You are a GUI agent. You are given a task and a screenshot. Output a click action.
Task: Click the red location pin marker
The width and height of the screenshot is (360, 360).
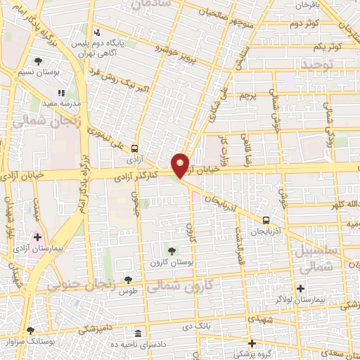(x=181, y=165)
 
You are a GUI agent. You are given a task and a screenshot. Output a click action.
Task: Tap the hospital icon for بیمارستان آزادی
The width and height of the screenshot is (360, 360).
(x=37, y=238)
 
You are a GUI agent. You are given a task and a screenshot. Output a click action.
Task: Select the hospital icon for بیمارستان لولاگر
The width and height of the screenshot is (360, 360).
(x=301, y=288)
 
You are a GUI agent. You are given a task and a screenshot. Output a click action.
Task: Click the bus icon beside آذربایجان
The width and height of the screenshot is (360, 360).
(x=266, y=219)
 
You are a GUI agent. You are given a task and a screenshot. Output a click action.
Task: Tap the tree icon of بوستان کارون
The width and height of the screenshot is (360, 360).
(x=172, y=250)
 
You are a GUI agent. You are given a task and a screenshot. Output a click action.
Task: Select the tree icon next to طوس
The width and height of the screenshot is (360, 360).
(x=127, y=280)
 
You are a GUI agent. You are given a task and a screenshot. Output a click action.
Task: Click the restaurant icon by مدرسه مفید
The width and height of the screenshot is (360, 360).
(x=62, y=92)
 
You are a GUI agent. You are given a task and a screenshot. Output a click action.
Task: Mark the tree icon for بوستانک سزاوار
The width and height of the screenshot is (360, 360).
(x=30, y=330)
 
